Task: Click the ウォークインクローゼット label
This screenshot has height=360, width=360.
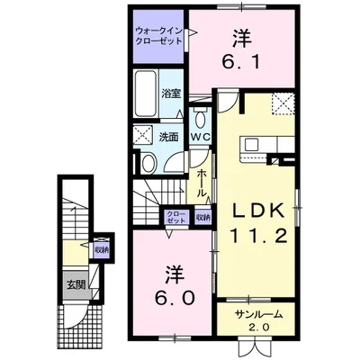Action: point(159,35)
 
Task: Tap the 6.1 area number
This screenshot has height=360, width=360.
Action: point(241,62)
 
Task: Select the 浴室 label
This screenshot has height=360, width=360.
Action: point(171,94)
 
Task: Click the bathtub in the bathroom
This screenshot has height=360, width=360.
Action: point(146,94)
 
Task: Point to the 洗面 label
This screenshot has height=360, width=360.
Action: point(169,137)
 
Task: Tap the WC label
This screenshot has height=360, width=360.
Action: point(201,137)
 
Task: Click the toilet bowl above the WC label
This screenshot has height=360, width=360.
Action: point(200,119)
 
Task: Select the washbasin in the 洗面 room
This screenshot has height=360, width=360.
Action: point(148,164)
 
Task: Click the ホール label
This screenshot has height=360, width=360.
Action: point(202,183)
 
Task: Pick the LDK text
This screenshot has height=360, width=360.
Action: point(258,211)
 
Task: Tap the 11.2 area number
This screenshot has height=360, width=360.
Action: point(259,236)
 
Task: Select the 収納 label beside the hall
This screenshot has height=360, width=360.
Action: point(203,217)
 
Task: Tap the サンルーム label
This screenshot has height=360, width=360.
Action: point(258,314)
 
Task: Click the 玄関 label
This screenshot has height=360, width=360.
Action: point(76,285)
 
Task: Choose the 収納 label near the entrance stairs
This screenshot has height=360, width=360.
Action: point(102,249)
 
